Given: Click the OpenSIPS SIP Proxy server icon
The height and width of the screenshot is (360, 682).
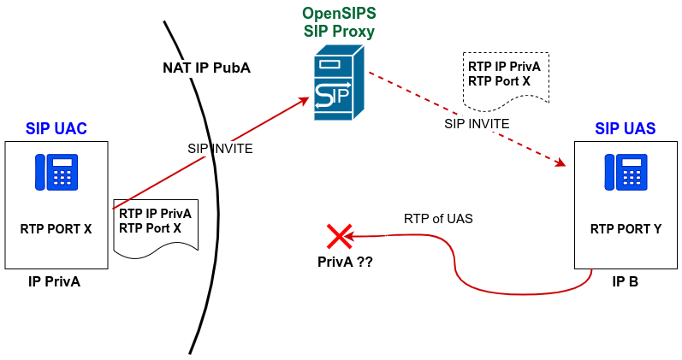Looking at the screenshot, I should pyautogui.click(x=338, y=85).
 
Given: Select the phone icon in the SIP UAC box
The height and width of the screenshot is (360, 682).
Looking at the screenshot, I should pyautogui.click(x=56, y=172).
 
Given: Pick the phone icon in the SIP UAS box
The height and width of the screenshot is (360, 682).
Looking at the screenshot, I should pyautogui.click(x=626, y=172).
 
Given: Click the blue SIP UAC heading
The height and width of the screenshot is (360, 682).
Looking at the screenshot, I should pyautogui.click(x=56, y=129).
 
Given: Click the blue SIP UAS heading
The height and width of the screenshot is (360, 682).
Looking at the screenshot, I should pyautogui.click(x=626, y=129).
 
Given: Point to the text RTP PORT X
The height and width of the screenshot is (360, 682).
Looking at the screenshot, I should pyautogui.click(x=56, y=228).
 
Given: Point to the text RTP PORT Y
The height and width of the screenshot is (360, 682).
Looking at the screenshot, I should pyautogui.click(x=626, y=228).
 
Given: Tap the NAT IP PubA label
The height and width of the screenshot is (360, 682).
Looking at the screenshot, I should pyautogui.click(x=206, y=68).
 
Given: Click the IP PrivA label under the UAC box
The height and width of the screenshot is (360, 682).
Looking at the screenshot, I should pyautogui.click(x=54, y=280).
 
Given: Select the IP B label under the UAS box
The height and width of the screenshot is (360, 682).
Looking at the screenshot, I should pyautogui.click(x=626, y=280).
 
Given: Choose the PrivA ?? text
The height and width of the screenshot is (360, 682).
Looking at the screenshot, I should pyautogui.click(x=340, y=262).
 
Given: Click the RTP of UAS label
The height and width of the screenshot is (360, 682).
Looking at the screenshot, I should pyautogui.click(x=438, y=218).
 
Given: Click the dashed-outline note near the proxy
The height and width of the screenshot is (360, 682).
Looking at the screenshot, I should pyautogui.click(x=505, y=75).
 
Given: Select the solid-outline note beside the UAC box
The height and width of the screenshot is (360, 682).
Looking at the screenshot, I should pyautogui.click(x=156, y=223).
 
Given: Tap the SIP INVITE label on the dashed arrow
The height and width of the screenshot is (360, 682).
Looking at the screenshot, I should pyautogui.click(x=477, y=123).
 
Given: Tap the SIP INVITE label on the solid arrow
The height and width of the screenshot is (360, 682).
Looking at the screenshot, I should pyautogui.click(x=220, y=148).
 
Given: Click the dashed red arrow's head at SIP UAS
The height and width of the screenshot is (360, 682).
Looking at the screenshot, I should pyautogui.click(x=563, y=163).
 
